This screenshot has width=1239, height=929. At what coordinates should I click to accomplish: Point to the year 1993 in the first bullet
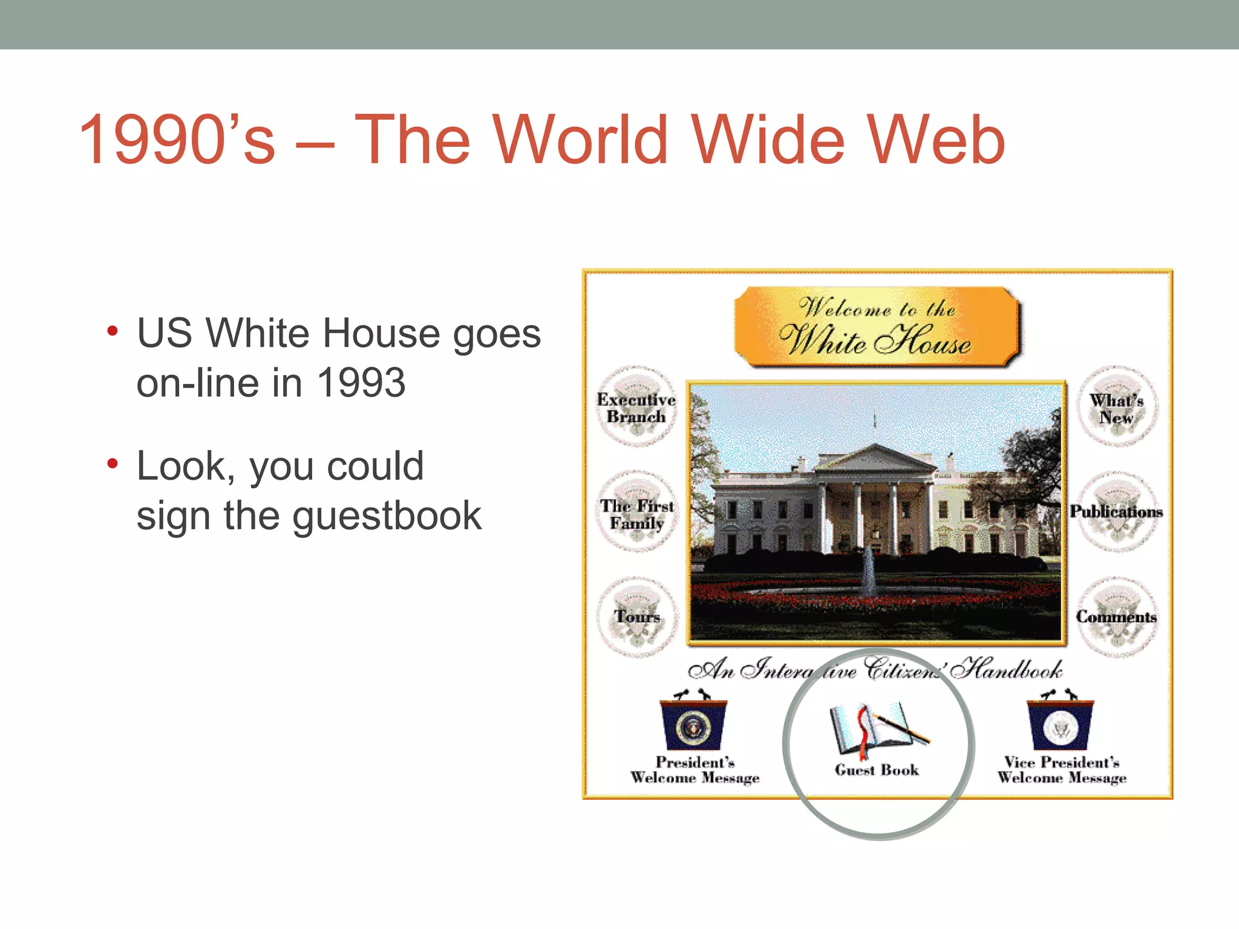[x=361, y=383]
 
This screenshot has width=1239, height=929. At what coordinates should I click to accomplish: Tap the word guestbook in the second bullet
[x=387, y=516]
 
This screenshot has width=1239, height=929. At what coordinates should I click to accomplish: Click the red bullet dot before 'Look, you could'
[x=112, y=464]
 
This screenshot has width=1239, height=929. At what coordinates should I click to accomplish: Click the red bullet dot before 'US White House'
[x=112, y=331]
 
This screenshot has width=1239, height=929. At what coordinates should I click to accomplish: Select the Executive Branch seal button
[x=636, y=407]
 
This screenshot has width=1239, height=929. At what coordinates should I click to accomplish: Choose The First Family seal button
[x=636, y=513]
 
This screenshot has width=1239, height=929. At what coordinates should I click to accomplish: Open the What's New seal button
[x=1117, y=407]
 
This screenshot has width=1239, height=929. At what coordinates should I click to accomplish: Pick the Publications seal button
[x=1117, y=512]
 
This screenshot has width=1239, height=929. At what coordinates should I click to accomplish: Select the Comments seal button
[x=1117, y=618]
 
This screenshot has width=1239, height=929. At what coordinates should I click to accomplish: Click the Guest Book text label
[x=877, y=770]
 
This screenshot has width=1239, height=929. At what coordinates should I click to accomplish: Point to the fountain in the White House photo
[x=869, y=571]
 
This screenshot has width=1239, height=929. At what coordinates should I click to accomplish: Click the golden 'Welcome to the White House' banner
[x=877, y=327]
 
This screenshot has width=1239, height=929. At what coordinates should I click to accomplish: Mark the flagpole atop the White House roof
[x=875, y=423]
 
